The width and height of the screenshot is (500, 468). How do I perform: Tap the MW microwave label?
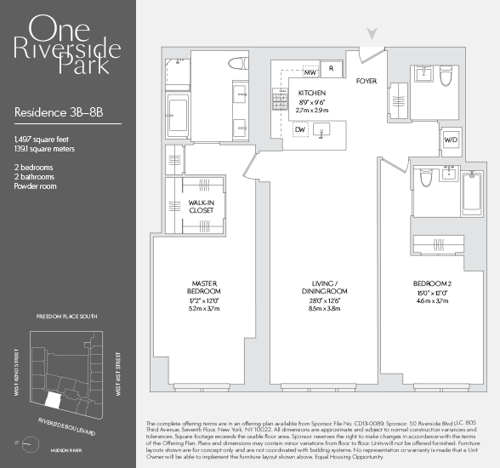coord(310,72)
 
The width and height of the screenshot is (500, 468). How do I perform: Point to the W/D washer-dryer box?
coord(450,140)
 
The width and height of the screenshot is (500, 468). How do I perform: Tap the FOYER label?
coord(366,82)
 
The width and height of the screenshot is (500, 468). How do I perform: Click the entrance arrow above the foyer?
coord(371,33)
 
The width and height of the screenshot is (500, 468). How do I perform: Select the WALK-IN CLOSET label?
coord(202,205)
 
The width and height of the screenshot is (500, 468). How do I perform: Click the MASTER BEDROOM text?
coord(204,287)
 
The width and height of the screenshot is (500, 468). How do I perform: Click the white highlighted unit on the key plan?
coord(53,397)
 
